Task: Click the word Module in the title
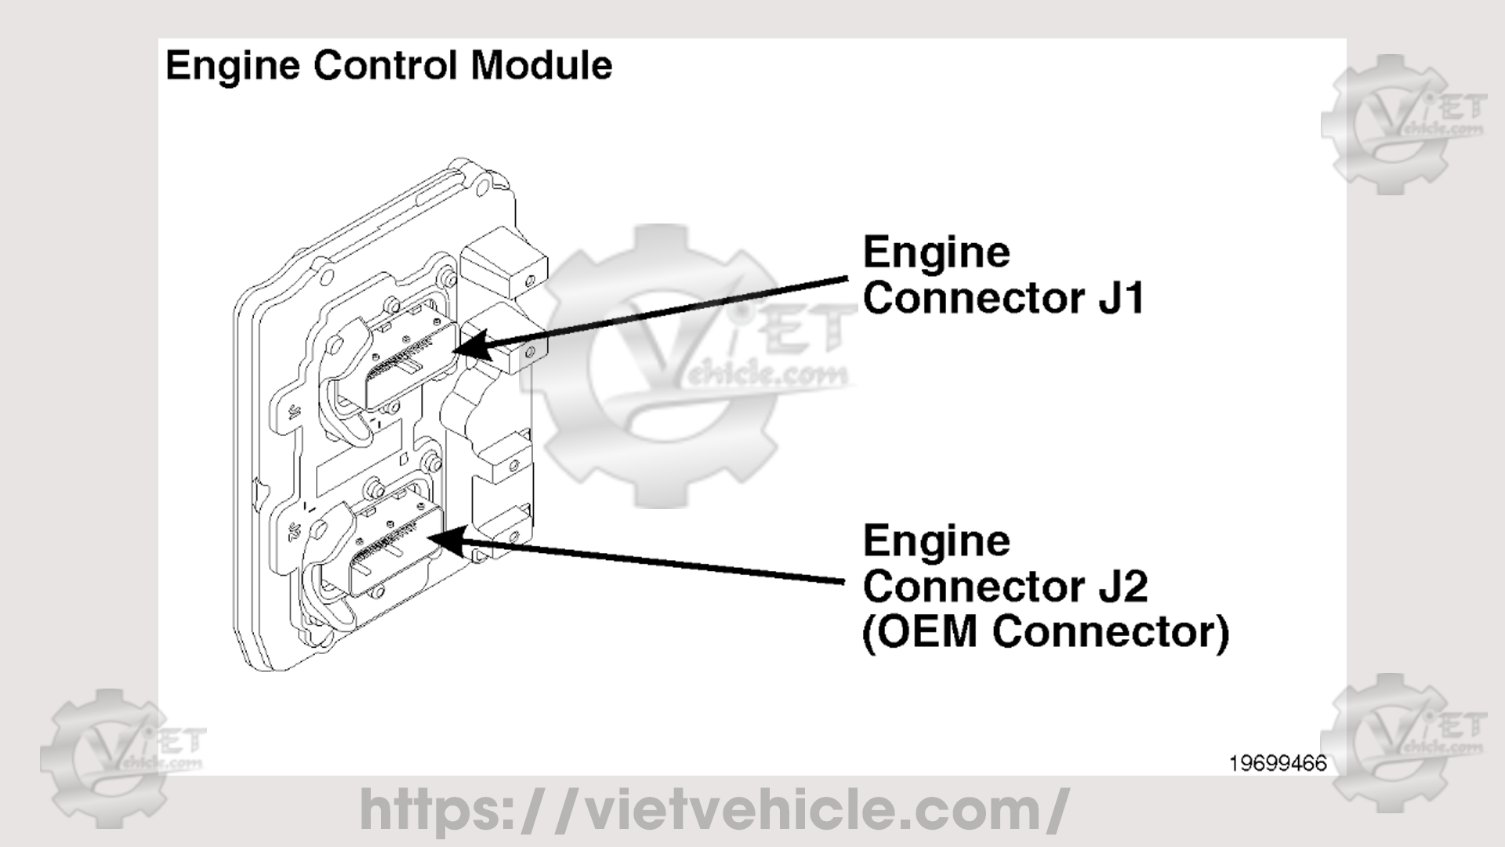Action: tap(541, 65)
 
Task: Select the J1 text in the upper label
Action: tap(1120, 299)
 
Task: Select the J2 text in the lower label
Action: tap(1122, 587)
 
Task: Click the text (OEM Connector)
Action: tap(1046, 632)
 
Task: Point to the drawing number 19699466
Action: tap(1278, 763)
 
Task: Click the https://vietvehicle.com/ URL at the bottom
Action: tap(713, 810)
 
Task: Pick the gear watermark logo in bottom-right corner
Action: tap(1403, 741)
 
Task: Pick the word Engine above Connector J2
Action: tap(937, 541)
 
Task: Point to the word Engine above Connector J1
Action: tap(937, 253)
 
